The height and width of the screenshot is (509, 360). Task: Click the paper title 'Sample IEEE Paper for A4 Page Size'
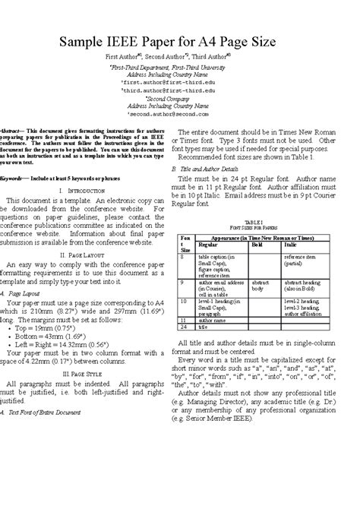pos(179,42)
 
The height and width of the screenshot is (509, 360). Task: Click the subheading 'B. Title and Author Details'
pos(205,168)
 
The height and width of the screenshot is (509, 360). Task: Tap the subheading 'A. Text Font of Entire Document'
pos(46,433)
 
